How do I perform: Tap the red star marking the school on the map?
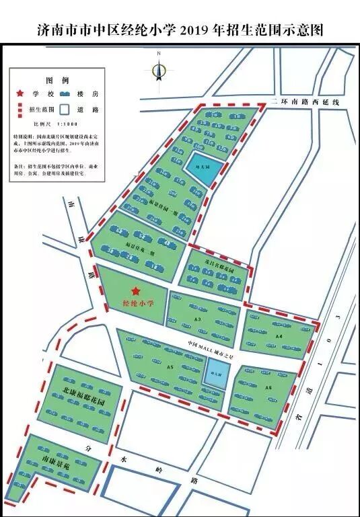pyautogui.click(x=136, y=291)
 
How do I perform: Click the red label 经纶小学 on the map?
pyautogui.click(x=138, y=304)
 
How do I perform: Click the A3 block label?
pyautogui.click(x=199, y=319)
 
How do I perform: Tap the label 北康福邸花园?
pyautogui.click(x=86, y=392)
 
